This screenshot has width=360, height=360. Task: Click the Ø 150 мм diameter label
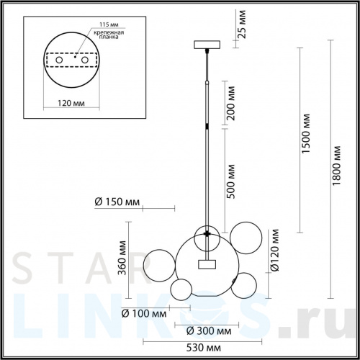[x=117, y=202]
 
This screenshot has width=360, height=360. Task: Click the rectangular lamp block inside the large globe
[x=208, y=264]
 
